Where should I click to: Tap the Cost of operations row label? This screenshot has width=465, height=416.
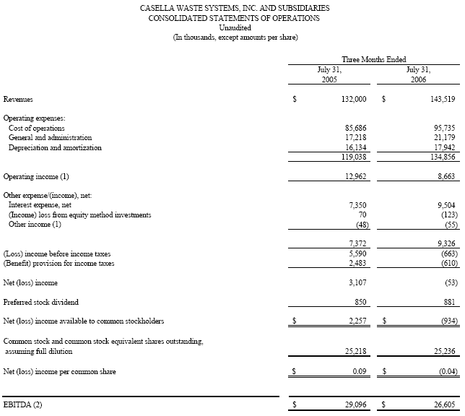coord(36,128)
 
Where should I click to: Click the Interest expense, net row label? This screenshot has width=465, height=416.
coord(40,205)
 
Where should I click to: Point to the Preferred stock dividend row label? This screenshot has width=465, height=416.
coord(41,302)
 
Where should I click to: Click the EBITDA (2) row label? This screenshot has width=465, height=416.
coord(23,404)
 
